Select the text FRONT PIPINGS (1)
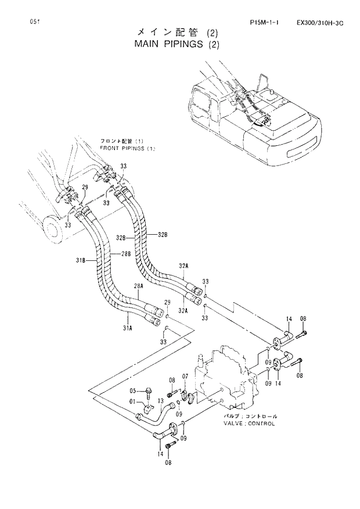(128, 148)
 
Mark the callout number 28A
(139, 286)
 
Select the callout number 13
(161, 401)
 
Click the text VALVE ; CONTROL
(250, 424)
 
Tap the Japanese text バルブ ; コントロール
(250, 417)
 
